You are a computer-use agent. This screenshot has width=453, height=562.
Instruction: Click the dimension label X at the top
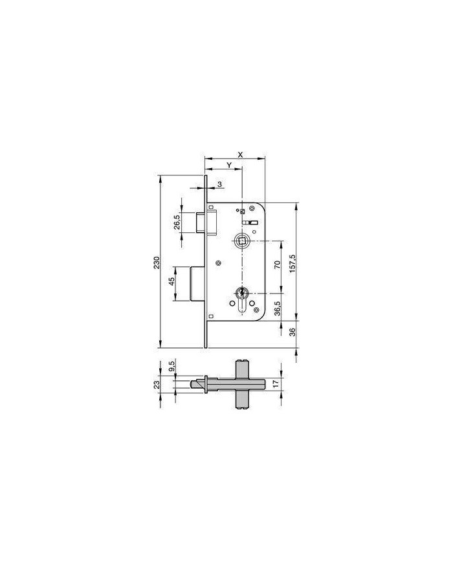pos(241,155)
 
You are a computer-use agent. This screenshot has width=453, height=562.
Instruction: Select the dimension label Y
pos(229,164)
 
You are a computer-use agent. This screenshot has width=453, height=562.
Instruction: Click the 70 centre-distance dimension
pos(277,265)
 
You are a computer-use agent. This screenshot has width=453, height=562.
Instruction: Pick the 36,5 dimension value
pos(277,308)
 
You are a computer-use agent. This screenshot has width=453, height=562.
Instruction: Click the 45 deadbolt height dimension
pos(171,281)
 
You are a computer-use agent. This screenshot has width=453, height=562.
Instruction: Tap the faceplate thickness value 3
pos(220,184)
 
